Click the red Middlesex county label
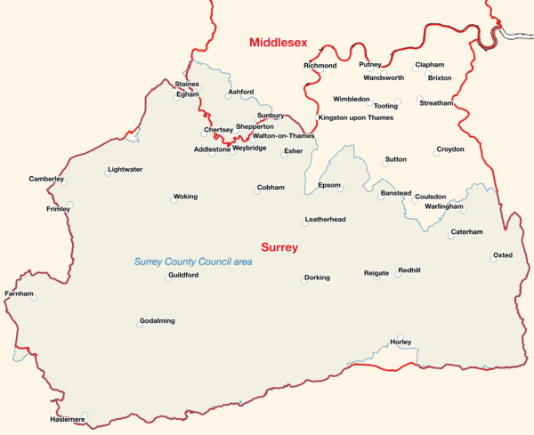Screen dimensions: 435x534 point(279,42)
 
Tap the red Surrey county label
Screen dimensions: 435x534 point(279,247)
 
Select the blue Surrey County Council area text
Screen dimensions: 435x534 point(193,262)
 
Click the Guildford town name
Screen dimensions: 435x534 point(182,276)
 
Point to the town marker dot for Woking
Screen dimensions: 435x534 point(174,200)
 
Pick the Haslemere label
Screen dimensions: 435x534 point(68,419)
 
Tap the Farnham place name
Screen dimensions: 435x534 point(19,294)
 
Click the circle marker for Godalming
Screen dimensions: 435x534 point(140,325)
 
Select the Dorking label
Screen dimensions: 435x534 point(317,278)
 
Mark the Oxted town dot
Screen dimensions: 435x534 point(496,260)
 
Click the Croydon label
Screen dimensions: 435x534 point(449,149)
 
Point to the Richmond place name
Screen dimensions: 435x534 point(320,66)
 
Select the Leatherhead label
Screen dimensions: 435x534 point(325,219)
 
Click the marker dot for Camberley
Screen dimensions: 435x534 point(63,181)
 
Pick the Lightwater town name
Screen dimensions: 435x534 point(125,169)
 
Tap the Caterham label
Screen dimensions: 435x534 point(466,231)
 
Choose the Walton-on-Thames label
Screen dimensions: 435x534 point(283,136)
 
